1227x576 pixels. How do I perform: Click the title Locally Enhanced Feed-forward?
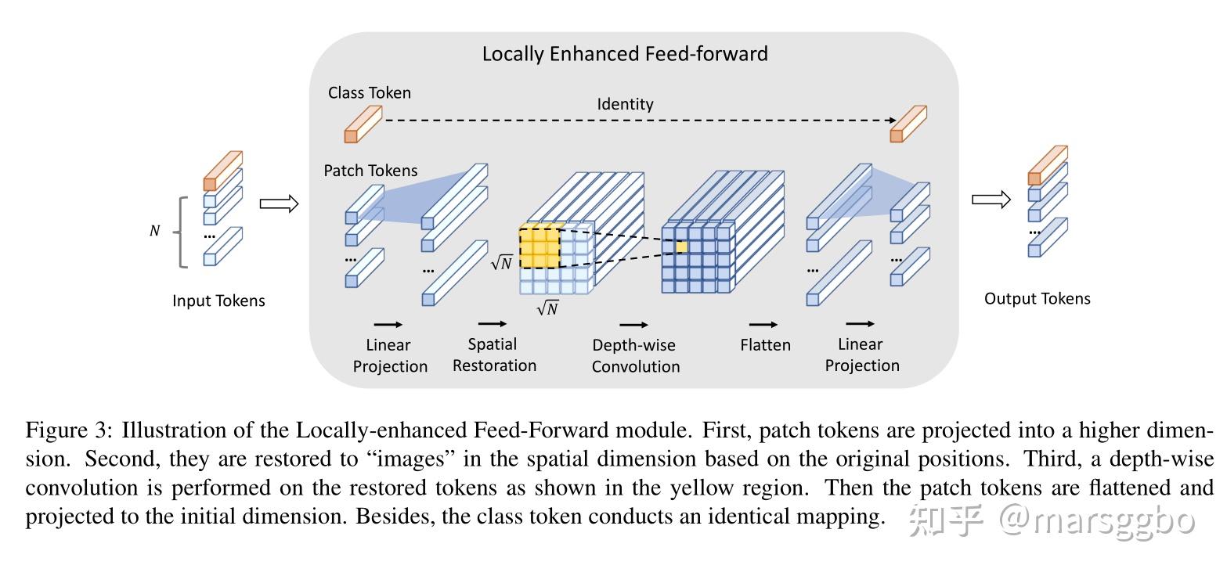click(x=625, y=54)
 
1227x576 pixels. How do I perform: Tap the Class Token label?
click(x=369, y=92)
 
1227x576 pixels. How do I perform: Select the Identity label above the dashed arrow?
click(x=625, y=104)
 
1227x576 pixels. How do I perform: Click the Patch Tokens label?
click(x=370, y=171)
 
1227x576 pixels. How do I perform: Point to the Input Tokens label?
click(x=218, y=301)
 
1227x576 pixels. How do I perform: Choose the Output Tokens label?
click(x=1037, y=298)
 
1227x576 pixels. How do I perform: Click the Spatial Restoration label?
click(x=494, y=355)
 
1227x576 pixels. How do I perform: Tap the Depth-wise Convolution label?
click(x=635, y=355)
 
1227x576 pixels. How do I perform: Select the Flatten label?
click(x=765, y=345)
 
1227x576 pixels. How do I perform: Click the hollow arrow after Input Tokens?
click(x=279, y=204)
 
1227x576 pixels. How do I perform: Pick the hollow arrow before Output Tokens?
click(x=991, y=200)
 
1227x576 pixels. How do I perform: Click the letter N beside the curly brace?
click(x=155, y=231)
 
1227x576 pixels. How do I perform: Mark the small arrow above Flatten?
click(x=763, y=325)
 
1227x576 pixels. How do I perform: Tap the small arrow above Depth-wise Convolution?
click(x=633, y=325)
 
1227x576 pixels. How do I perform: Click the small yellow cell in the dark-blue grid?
click(x=681, y=247)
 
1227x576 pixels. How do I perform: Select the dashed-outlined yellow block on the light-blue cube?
click(x=540, y=248)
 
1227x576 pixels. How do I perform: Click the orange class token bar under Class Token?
click(x=363, y=125)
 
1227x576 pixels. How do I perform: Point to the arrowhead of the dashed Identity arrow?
click(x=893, y=120)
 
